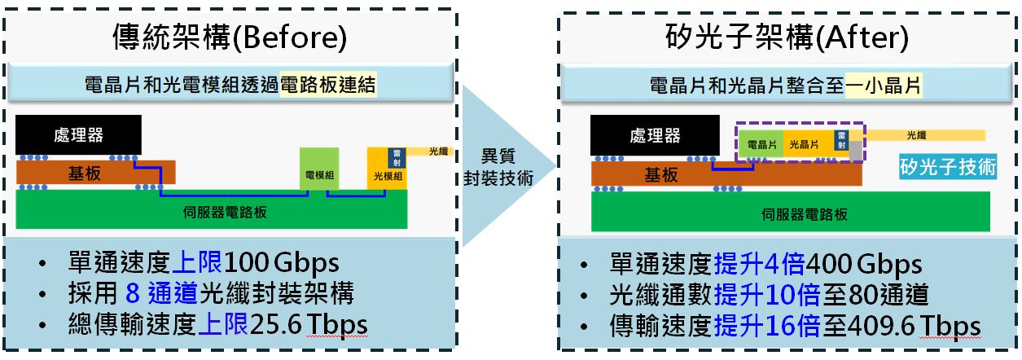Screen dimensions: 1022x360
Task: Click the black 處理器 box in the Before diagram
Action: [78, 134]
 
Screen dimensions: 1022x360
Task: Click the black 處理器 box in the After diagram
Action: [655, 135]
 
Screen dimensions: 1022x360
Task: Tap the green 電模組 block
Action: [319, 169]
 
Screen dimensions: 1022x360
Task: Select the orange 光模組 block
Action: [387, 169]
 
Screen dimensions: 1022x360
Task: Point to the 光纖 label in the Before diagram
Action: [438, 151]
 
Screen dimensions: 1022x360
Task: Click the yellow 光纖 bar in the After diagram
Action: [925, 135]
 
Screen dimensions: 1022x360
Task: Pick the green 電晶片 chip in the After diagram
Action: [761, 144]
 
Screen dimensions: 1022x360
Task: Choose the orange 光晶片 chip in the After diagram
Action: [809, 144]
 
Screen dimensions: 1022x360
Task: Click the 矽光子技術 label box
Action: [948, 166]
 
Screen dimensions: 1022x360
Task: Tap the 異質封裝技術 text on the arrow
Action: [498, 167]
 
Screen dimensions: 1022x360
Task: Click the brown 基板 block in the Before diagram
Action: [96, 173]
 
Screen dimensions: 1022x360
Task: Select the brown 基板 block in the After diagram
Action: [726, 173]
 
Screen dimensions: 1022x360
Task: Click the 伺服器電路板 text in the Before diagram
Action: [225, 212]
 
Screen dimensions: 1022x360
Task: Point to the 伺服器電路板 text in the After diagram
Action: [805, 214]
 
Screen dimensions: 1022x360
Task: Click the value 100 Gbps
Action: [281, 263]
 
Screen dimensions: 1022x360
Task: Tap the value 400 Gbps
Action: [864, 264]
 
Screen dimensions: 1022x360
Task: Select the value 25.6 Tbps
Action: [309, 324]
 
